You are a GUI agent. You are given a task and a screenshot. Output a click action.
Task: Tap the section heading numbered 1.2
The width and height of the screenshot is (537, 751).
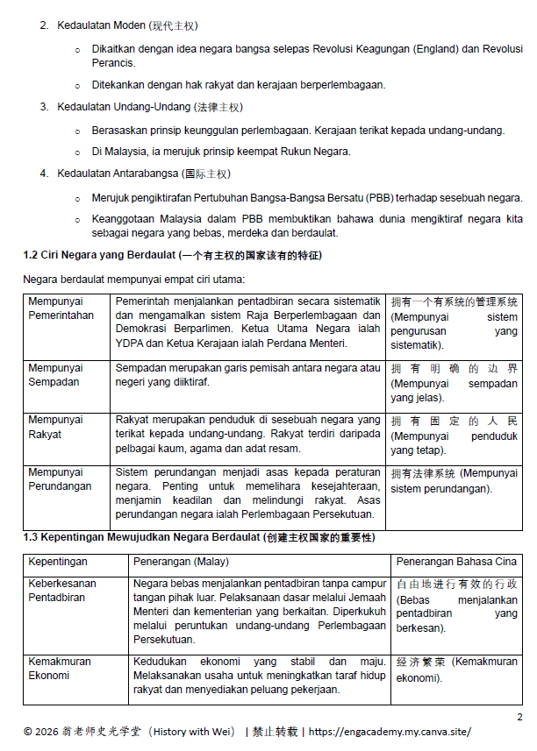pos(172,255)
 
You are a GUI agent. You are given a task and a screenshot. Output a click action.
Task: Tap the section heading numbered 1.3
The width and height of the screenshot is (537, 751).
pos(198,535)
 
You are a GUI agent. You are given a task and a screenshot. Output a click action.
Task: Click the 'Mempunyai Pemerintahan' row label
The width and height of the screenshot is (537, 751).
pos(61,308)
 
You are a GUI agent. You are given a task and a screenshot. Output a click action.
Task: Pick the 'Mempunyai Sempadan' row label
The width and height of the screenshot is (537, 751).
pos(55,375)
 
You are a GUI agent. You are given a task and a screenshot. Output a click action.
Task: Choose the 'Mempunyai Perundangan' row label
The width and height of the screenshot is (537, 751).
pos(61,479)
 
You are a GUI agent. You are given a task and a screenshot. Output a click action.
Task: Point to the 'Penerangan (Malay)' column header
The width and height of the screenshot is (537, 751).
pos(180,561)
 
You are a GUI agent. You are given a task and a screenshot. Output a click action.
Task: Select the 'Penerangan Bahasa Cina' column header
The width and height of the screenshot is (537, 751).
pos(456,561)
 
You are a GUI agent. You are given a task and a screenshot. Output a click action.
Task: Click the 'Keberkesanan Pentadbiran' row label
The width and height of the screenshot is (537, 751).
pos(62,590)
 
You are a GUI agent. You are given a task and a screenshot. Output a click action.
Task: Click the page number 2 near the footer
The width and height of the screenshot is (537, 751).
pos(519,716)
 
